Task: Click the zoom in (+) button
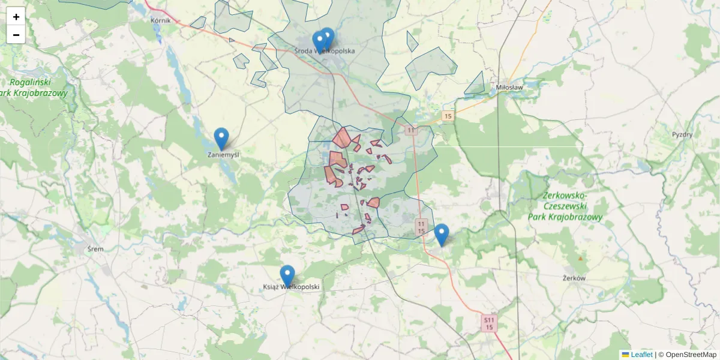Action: (16, 17)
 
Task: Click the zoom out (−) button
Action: (16, 35)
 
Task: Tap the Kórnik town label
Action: (161, 20)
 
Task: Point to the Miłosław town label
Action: (509, 87)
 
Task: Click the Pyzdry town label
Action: (682, 134)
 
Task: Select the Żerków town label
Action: (574, 278)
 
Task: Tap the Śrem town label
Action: (95, 249)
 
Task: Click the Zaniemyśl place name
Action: (223, 155)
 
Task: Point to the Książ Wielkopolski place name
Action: (292, 287)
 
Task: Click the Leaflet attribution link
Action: (641, 355)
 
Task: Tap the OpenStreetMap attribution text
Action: (690, 355)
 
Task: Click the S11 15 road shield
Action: (490, 323)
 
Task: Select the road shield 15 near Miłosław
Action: (448, 115)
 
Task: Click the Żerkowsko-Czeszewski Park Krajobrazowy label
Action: (564, 206)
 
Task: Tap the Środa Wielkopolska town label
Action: (325, 51)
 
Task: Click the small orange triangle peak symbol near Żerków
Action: (580, 258)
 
